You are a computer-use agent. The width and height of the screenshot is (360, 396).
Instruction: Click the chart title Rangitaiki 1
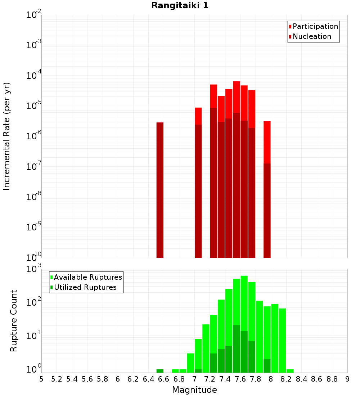point(180,5)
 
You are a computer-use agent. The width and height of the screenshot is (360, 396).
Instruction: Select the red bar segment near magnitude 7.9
point(267,142)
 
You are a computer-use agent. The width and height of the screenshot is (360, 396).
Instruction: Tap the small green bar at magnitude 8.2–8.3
point(290,371)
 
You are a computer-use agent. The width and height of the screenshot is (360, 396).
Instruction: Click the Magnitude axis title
point(194,390)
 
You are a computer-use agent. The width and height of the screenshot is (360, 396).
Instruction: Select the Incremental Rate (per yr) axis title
point(7,136)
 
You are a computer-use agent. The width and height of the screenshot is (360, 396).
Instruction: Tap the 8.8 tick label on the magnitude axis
point(332,379)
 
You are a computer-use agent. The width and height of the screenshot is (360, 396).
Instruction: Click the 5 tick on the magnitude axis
point(41,379)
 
